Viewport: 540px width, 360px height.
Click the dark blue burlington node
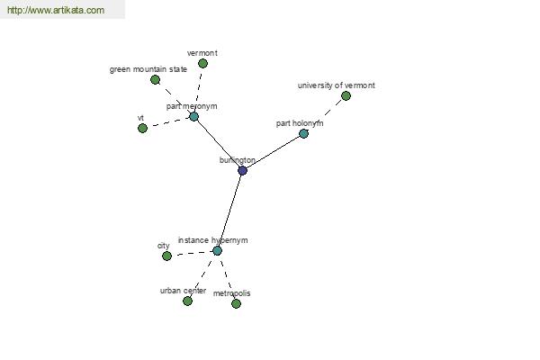pyautogui.click(x=242, y=170)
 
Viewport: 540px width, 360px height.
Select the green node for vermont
pyautogui.click(x=202, y=63)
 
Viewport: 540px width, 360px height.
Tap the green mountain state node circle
pyautogui.click(x=155, y=79)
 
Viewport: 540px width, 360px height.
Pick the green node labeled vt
pyautogui.click(x=142, y=128)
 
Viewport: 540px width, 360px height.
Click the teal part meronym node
pyautogui.click(x=193, y=116)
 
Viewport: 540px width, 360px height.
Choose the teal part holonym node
pyautogui.click(x=303, y=133)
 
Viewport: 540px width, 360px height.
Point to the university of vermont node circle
pyautogui.click(x=346, y=95)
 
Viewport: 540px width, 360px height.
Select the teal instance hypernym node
pyautogui.click(x=217, y=250)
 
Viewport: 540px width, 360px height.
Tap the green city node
pyautogui.click(x=166, y=256)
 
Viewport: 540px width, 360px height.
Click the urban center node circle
pyautogui.click(x=187, y=301)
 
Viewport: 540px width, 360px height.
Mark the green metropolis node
pyautogui.click(x=236, y=303)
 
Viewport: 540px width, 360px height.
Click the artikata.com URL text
pyautogui.click(x=56, y=10)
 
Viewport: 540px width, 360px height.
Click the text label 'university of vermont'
pyautogui.click(x=336, y=85)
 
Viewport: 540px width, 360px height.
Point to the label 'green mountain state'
pyautogui.click(x=148, y=69)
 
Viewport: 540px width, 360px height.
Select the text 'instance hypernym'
pyautogui.click(x=212, y=240)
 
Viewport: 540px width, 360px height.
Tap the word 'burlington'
pyautogui.click(x=238, y=160)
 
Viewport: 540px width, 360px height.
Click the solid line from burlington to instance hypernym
pyautogui.click(x=229, y=211)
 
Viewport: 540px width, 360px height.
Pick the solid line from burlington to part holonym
pyautogui.click(x=273, y=152)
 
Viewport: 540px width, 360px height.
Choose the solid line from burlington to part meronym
pyautogui.click(x=219, y=143)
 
